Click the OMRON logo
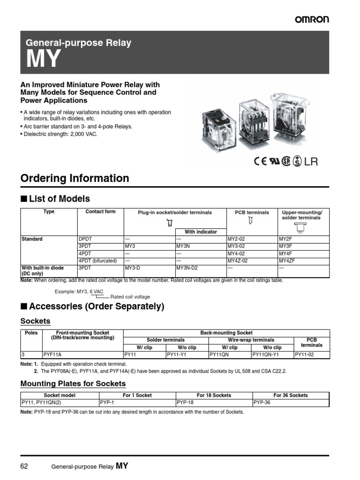(312, 19)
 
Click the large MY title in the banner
(43, 59)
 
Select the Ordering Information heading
(75, 178)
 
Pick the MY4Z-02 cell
(241, 261)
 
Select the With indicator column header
(201, 232)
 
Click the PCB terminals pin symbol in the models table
(251, 220)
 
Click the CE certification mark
(260, 162)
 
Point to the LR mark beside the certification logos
(311, 162)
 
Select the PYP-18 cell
(185, 403)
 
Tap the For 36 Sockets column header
(291, 395)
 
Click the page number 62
(25, 466)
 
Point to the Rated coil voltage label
(130, 297)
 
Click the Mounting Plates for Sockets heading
(73, 383)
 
